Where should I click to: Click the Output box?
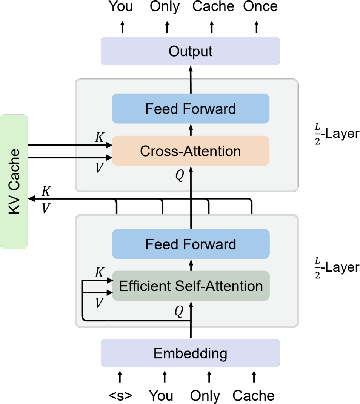coord(190,51)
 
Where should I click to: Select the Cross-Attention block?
coord(190,151)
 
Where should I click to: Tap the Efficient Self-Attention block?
coord(190,286)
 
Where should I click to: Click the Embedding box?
coord(190,353)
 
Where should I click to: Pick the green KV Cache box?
coord(14,181)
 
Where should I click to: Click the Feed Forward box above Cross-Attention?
coord(190,109)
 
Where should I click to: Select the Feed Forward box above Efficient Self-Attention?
coord(190,244)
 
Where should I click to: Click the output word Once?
coord(260,6)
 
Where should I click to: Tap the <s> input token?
coord(120,395)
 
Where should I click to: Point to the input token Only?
coord(205,395)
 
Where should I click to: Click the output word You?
coord(121,6)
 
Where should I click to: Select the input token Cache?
coord(254,395)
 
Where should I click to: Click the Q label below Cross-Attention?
coord(180,176)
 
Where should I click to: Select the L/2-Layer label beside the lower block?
coord(335,268)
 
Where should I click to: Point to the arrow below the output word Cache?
coord(212,26)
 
